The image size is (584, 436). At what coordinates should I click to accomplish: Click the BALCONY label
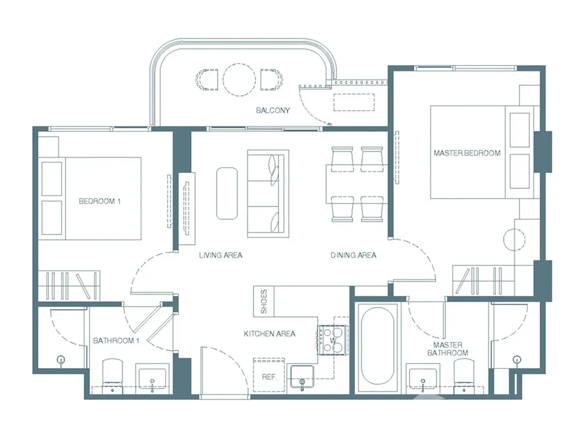[273, 110]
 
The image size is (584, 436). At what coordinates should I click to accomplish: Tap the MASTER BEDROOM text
[467, 153]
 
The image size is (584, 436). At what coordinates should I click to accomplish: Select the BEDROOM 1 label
[100, 201]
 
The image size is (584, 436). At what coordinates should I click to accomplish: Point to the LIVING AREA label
[220, 255]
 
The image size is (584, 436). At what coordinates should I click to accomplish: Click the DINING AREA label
[353, 255]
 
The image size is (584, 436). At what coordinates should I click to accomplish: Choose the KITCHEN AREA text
[269, 334]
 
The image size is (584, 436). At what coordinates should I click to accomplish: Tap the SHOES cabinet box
[264, 301]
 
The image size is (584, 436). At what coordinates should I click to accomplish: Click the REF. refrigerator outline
[269, 375]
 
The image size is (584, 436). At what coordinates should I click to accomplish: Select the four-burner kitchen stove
[333, 340]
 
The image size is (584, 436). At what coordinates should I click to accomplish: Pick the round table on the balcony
[239, 80]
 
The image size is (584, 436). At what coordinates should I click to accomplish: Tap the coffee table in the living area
[227, 193]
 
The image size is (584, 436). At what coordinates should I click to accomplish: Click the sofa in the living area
[268, 193]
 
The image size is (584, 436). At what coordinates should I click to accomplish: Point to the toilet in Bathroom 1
[112, 376]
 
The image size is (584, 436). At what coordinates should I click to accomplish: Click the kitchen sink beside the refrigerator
[302, 377]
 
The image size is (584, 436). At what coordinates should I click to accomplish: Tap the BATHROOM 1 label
[116, 341]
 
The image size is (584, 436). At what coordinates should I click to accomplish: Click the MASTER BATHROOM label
[448, 349]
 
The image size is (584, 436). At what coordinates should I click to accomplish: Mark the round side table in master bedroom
[514, 239]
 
